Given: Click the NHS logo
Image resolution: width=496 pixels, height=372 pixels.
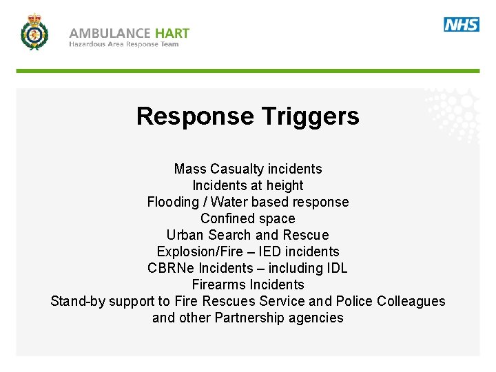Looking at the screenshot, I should [462, 25].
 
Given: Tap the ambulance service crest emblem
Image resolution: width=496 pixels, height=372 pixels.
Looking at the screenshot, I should [34, 32].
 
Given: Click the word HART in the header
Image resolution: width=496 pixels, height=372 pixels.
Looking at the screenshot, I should [172, 33].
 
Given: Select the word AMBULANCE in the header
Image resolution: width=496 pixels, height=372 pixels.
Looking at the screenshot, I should [110, 33].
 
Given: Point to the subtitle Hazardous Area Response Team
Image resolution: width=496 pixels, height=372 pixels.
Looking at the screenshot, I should [124, 45].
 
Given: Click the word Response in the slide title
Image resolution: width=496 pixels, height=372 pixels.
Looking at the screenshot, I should [195, 116].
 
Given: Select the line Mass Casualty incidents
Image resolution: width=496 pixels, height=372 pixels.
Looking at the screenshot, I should [248, 169].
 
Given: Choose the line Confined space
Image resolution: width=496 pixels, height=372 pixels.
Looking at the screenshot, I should [248, 218].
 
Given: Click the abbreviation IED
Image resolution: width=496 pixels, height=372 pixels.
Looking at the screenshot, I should [271, 251].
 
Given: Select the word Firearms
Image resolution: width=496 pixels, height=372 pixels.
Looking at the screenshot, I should [219, 285].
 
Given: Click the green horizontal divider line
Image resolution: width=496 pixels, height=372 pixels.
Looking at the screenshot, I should [248, 71].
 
